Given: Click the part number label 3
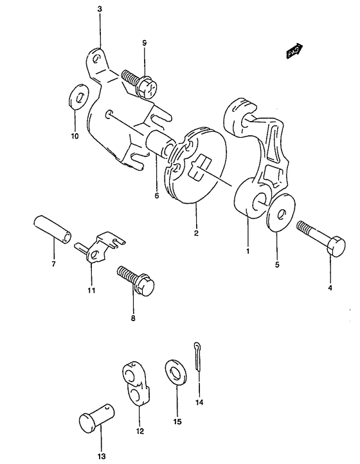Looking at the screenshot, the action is point(100,9).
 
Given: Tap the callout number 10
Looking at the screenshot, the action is point(75,136).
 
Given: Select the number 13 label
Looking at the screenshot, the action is point(102,456).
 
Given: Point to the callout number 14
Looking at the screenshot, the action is point(199,402).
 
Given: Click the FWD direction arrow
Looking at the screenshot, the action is point(294,50).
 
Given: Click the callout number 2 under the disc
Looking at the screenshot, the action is point(196,233).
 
